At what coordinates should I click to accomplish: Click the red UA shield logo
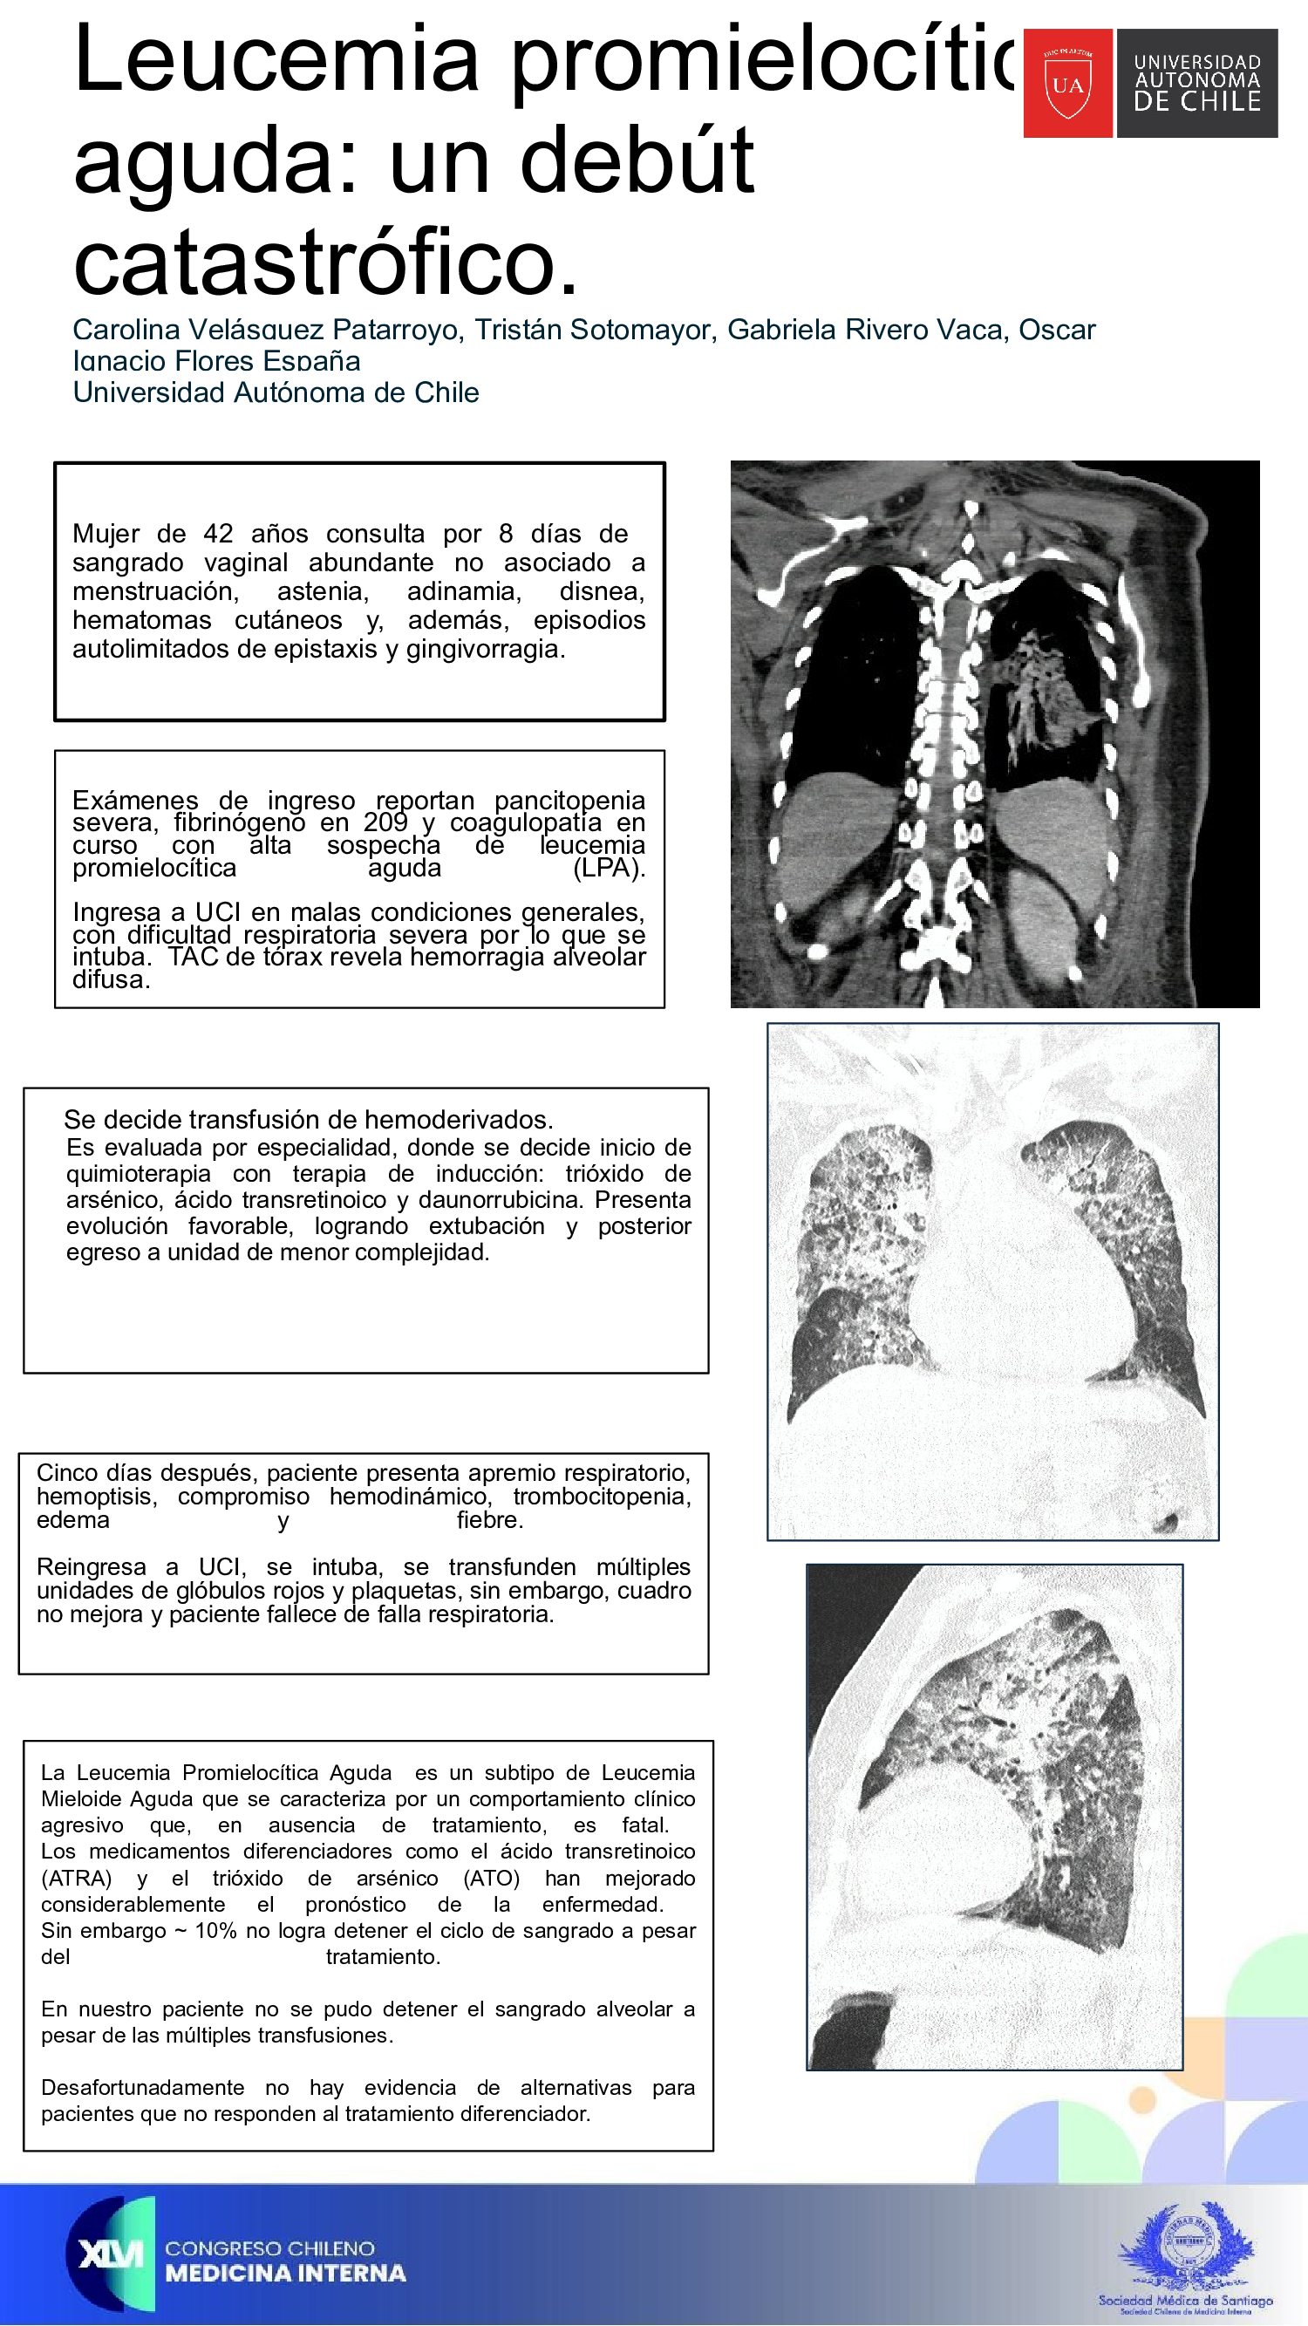coord(1068,83)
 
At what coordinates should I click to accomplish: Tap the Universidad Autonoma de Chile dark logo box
coord(1196,83)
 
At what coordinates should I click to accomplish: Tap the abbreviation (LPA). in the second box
coord(609,868)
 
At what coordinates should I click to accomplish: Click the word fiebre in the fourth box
coord(489,1520)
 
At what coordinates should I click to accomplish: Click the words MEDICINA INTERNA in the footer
coord(285,2273)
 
